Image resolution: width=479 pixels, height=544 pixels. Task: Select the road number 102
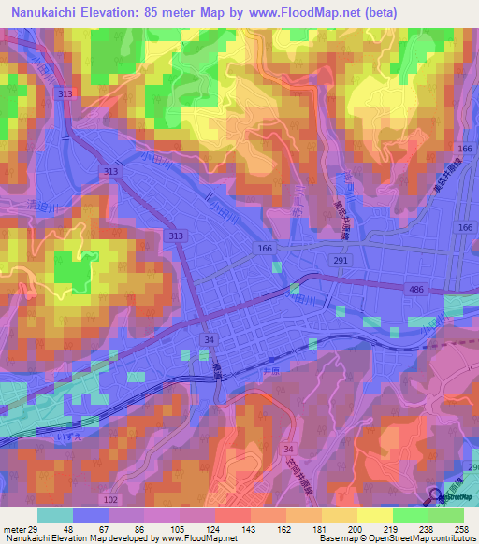[x=111, y=499]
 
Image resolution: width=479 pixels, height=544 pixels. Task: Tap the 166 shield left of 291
[x=265, y=248]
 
